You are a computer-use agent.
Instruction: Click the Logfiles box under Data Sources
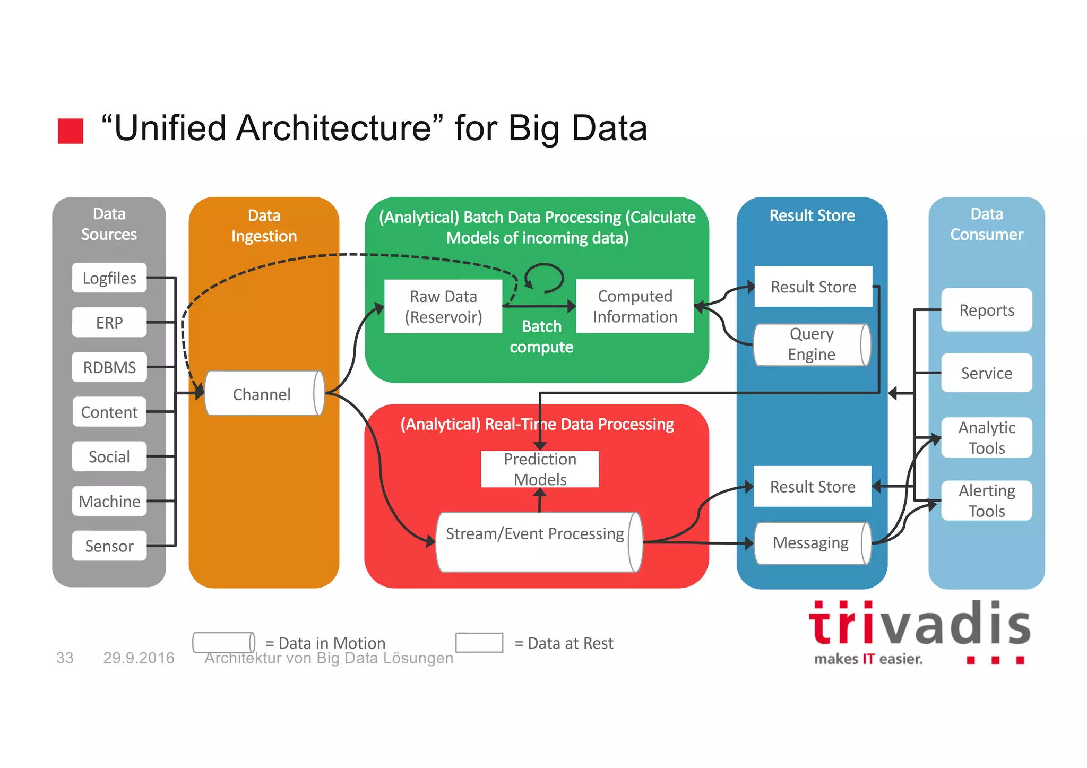(x=109, y=278)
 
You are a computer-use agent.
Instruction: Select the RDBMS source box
(x=109, y=367)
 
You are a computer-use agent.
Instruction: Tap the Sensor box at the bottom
(x=109, y=546)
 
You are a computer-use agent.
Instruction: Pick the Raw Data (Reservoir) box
(x=443, y=307)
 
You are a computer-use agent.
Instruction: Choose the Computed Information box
(x=635, y=306)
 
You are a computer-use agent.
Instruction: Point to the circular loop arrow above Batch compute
(x=545, y=278)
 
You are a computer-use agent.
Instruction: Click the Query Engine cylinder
(x=811, y=344)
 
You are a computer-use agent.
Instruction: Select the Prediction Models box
(x=540, y=469)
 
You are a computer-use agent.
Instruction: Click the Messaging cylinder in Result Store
(x=811, y=543)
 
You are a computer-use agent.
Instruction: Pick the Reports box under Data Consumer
(x=986, y=310)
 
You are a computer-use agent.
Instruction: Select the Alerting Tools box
(x=986, y=501)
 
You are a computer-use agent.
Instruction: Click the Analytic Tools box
(x=986, y=438)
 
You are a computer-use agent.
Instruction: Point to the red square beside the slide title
(x=71, y=131)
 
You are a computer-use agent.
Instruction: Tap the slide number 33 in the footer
(x=65, y=658)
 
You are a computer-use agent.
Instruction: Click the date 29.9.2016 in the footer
(x=139, y=658)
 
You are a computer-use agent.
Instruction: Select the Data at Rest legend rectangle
(x=479, y=643)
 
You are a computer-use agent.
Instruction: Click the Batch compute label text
(x=541, y=336)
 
